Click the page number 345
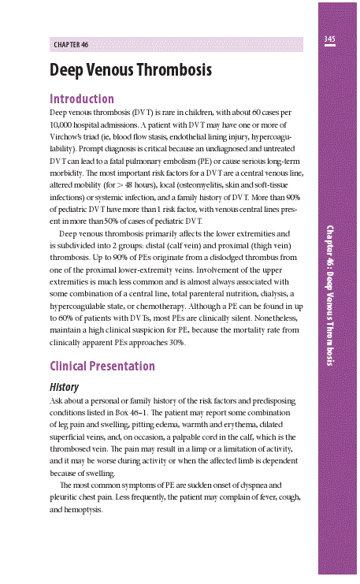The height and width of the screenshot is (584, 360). point(329,39)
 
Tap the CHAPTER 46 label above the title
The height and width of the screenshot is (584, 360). point(71,45)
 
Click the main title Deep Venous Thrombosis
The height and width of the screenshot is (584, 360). point(130,70)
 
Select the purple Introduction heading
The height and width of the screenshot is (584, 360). point(82,99)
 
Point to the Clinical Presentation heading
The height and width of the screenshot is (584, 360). point(102,366)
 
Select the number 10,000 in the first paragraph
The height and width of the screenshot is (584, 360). point(63,125)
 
